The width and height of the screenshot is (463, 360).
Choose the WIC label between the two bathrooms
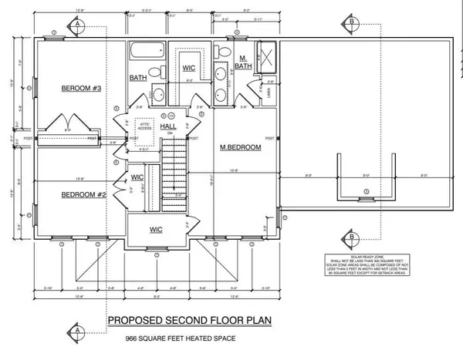coord(188,68)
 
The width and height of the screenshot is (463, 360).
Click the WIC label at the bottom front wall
coord(157,230)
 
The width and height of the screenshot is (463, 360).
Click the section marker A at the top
coord(78,24)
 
